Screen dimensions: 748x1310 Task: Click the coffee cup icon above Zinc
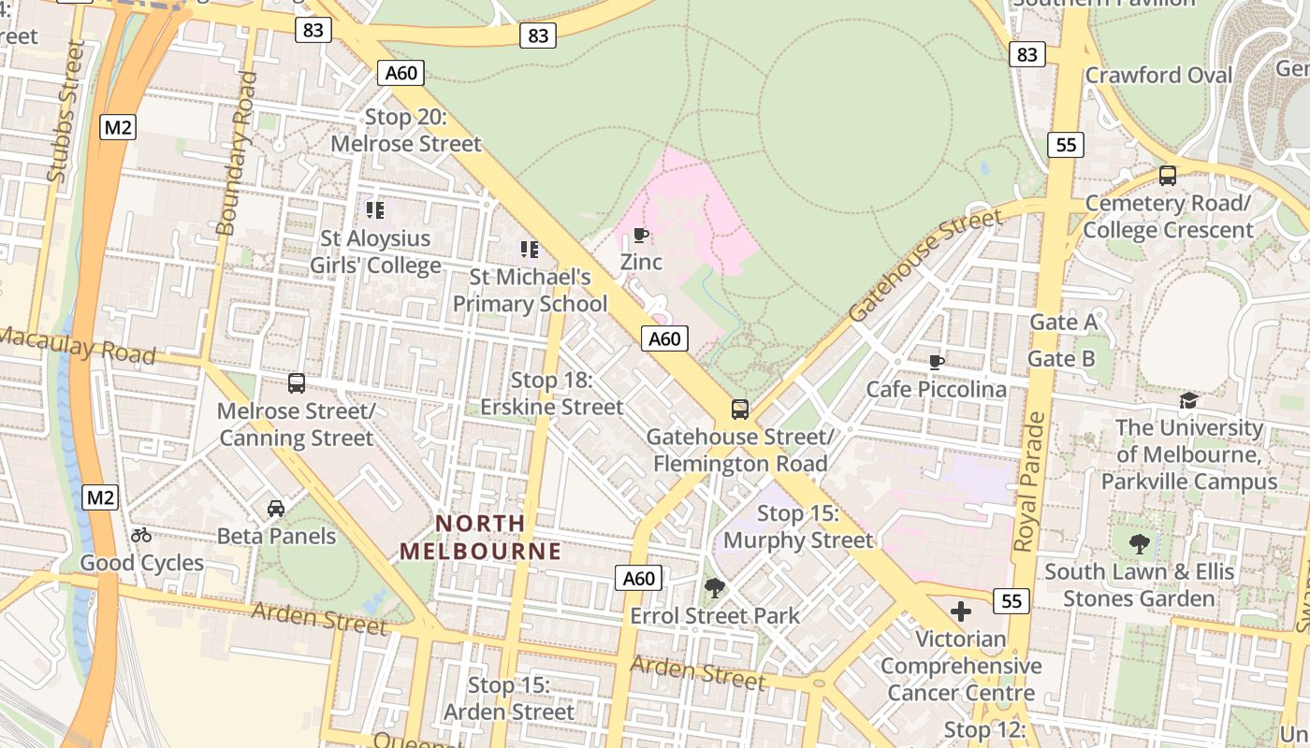(x=640, y=235)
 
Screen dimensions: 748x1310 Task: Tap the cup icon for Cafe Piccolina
(x=936, y=362)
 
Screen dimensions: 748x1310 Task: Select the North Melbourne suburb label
(x=481, y=538)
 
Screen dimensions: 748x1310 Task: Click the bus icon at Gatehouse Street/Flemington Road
(x=739, y=409)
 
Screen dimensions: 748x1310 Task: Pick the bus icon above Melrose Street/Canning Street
(x=297, y=383)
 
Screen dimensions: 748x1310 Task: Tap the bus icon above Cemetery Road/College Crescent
(x=1167, y=175)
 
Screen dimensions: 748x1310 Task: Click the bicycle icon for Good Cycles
(x=141, y=535)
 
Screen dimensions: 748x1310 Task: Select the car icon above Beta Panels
(x=276, y=509)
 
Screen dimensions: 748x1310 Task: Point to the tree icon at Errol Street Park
(x=715, y=588)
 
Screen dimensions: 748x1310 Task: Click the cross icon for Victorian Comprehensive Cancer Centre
(x=960, y=611)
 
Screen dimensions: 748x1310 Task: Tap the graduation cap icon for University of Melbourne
(x=1188, y=400)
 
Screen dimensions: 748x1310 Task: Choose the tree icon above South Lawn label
(x=1139, y=543)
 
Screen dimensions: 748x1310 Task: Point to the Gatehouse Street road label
(x=925, y=266)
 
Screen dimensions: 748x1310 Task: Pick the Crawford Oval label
(x=1158, y=75)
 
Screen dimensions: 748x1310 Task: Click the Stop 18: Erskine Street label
(x=552, y=394)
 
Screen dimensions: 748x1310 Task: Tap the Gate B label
(x=1061, y=359)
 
